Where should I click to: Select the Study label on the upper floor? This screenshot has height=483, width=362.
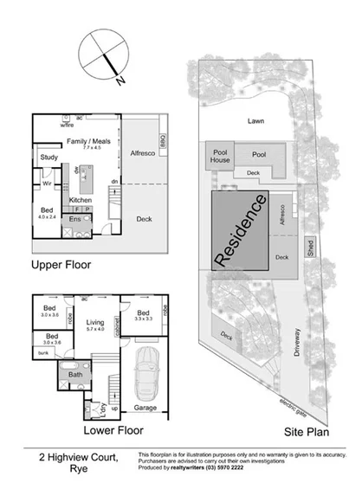click(48, 157)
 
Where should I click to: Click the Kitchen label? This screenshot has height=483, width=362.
click(80, 200)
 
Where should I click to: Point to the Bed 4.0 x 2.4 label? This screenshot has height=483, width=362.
click(48, 213)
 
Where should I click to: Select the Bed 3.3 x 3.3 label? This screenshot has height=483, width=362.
click(143, 316)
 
